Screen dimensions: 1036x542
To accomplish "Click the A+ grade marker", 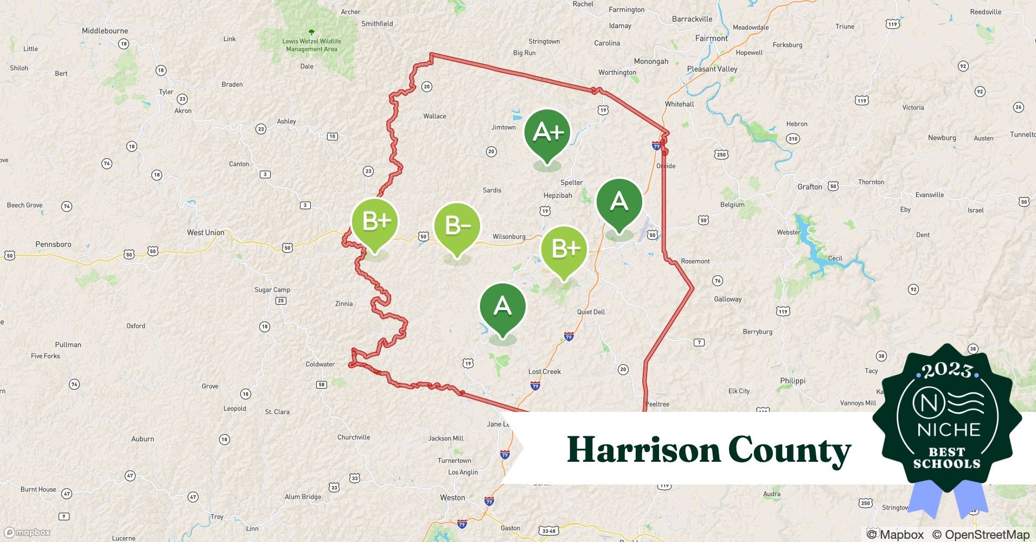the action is tap(547, 133).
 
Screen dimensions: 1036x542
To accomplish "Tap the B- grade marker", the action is tap(457, 226).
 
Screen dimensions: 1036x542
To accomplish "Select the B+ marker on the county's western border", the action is tap(375, 222).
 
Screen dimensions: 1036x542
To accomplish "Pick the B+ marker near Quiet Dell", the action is tap(564, 249).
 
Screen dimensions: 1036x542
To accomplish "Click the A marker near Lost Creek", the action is tap(503, 307).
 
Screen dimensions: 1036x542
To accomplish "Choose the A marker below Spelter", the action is tap(619, 202).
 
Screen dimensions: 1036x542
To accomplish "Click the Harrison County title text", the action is tap(709, 450).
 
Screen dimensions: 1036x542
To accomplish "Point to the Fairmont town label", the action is tap(711, 38).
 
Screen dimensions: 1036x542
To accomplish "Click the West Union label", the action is tap(206, 233).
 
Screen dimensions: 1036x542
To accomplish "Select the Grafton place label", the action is tap(809, 187).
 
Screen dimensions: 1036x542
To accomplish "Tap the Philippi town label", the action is tap(792, 381).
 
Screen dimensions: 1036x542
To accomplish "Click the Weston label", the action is tap(452, 498).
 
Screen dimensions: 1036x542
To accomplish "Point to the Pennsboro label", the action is tap(53, 244).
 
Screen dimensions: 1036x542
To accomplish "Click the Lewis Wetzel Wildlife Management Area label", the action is tap(311, 45).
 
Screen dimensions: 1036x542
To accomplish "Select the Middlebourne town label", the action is tap(105, 31).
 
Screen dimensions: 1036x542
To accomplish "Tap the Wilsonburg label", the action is tap(509, 237).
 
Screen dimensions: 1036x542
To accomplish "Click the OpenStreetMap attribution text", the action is tap(981, 534).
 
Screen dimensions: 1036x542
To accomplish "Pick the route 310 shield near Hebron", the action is tap(793, 139).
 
